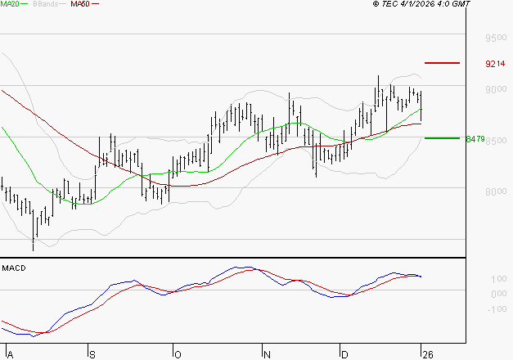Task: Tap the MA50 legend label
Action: click(80, 4)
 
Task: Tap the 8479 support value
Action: click(475, 139)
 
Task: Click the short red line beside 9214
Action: click(442, 63)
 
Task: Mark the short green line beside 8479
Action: click(442, 138)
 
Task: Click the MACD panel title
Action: click(14, 268)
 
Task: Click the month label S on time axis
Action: click(92, 354)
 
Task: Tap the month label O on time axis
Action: click(177, 354)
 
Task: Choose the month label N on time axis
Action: click(265, 354)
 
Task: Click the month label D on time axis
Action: click(344, 354)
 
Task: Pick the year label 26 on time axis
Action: click(425, 354)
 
